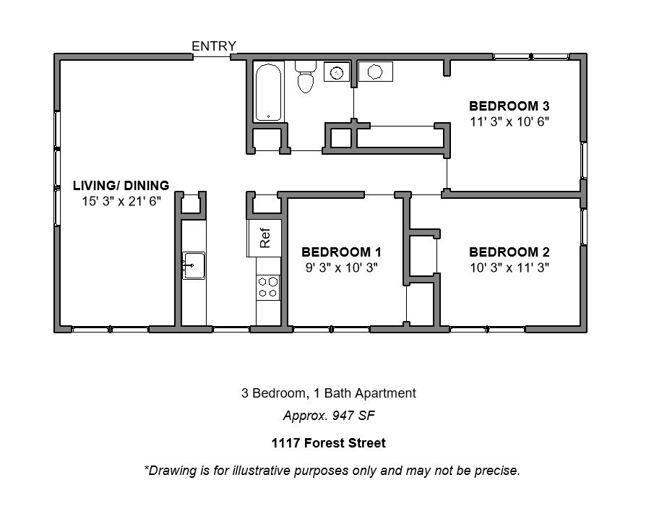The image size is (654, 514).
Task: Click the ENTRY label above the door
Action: pos(214,46)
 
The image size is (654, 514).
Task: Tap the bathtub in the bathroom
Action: pos(268,92)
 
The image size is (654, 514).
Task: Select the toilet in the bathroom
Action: pos(305,77)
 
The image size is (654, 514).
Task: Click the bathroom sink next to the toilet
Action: pos(337,72)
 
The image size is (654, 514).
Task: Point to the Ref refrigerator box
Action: pos(264,238)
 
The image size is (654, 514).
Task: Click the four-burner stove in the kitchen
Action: pos(268,287)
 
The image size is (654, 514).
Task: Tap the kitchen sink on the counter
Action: pos(194,265)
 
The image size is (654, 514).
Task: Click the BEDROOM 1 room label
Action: pos(341,252)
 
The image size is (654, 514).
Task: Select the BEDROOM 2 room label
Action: pos(509,252)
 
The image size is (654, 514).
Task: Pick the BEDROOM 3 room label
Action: pos(509,106)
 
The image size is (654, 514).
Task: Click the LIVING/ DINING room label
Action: pos(121,185)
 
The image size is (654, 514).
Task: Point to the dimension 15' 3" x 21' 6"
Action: pos(121,201)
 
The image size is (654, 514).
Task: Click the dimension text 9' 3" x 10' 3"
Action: pos(342,267)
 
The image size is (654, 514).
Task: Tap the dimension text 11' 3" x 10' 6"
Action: pos(509,121)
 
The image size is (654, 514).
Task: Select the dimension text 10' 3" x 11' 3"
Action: pos(509,267)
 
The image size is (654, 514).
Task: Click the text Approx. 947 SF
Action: pos(329,416)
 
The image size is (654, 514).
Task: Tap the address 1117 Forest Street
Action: pos(329,442)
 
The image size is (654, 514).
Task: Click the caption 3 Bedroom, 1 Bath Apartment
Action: pos(329,393)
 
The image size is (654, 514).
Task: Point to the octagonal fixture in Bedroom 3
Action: pos(375,72)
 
